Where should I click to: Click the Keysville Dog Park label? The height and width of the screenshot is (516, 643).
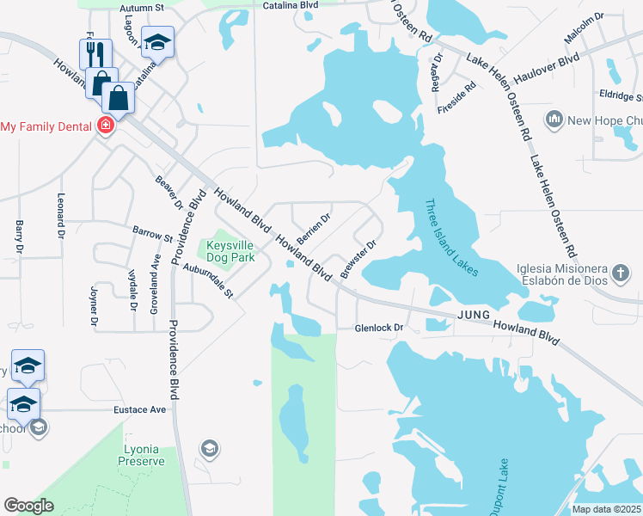pyautogui.click(x=230, y=250)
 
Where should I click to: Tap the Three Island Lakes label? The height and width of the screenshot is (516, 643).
pyautogui.click(x=450, y=238)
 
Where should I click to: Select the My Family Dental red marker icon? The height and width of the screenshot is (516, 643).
pyautogui.click(x=105, y=126)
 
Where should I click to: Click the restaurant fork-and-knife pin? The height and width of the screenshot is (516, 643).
pyautogui.click(x=95, y=54)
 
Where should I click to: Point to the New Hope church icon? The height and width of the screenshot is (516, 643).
pyautogui.click(x=554, y=117)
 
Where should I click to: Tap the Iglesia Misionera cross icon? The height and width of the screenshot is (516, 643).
pyautogui.click(x=622, y=274)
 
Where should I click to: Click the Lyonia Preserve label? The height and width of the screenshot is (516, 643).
pyautogui.click(x=144, y=455)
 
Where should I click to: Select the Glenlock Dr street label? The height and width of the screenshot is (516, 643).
pyautogui.click(x=380, y=329)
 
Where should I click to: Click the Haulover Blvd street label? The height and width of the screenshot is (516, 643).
pyautogui.click(x=547, y=68)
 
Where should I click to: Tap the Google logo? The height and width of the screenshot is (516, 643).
pyautogui.click(x=28, y=506)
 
